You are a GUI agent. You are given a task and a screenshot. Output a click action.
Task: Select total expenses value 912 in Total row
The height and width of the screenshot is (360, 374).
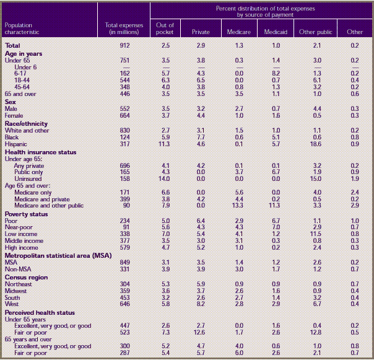tap(125, 45)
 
